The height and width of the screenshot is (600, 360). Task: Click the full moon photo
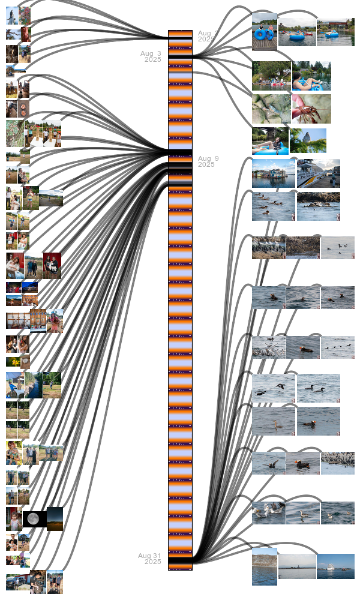tap(34, 518)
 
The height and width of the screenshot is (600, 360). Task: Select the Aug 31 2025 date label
tap(150, 558)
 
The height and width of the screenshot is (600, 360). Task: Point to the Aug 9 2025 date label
tap(208, 161)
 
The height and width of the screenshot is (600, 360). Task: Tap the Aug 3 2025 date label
tap(151, 56)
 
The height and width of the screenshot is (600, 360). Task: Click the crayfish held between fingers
tap(311, 109)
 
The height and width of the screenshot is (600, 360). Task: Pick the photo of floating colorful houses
tap(273, 173)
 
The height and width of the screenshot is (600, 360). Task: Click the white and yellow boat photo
tap(319, 173)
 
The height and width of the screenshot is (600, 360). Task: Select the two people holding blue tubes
tap(265, 32)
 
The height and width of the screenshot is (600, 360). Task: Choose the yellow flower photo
tap(12, 362)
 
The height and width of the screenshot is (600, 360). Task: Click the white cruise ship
tap(335, 566)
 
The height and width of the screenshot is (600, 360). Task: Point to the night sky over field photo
tap(55, 518)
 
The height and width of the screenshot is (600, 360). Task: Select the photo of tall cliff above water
tap(265, 566)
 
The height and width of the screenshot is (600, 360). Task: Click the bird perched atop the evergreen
tap(308, 140)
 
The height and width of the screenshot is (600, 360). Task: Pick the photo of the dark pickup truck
tap(17, 582)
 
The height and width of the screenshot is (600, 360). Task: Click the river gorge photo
tap(34, 385)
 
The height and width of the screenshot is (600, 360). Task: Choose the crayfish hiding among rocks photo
tap(271, 109)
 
